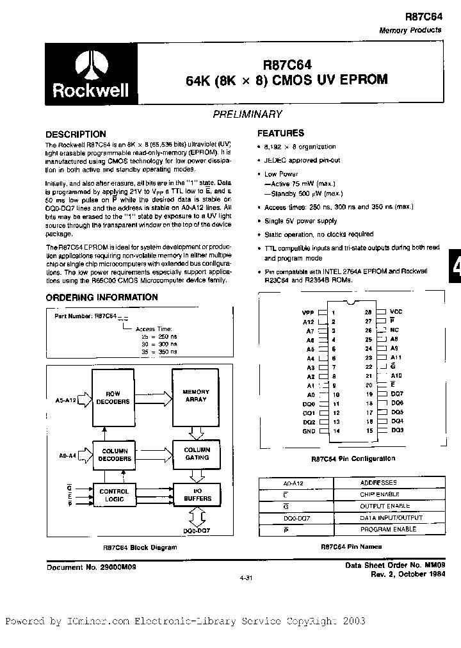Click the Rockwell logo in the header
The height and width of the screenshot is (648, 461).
click(91, 76)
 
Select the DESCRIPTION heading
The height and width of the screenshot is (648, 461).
click(76, 134)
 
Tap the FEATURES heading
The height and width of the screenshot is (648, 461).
click(280, 133)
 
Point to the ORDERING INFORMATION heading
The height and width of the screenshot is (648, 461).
click(102, 297)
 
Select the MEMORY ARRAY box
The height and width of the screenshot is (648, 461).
click(196, 395)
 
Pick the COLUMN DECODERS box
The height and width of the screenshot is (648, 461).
click(115, 455)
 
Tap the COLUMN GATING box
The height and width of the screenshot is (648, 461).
click(197, 453)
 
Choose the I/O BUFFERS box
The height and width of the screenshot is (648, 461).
click(197, 494)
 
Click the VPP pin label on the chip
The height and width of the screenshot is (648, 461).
click(309, 312)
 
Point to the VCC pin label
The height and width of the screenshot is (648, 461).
click(396, 311)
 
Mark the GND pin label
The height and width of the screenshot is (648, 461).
click(309, 432)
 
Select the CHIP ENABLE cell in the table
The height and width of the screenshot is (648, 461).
click(380, 494)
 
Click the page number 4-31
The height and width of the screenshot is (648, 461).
click(246, 578)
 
